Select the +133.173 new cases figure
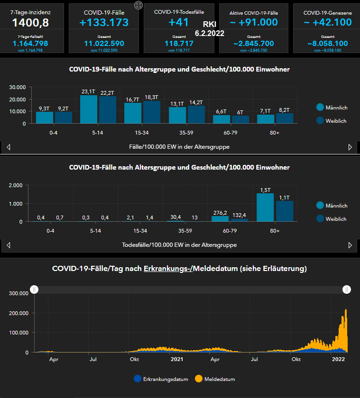[x=104, y=22]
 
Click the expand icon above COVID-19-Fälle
[x=138, y=5]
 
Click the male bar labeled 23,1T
[x=88, y=109]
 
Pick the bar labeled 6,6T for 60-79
[x=222, y=119]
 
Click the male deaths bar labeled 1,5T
[x=265, y=208]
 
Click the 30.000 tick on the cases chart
[x=17, y=87]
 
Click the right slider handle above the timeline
[x=347, y=289]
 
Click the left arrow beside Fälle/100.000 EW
[x=8, y=147]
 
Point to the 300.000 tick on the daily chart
[x=19, y=293]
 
